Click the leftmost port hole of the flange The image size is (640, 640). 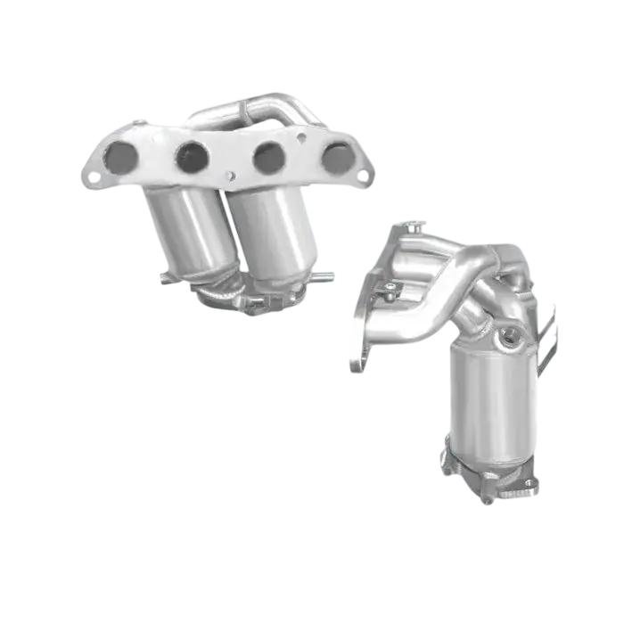pos(120,158)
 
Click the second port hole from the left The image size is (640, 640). pos(192,157)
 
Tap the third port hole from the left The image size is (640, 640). pos(268,158)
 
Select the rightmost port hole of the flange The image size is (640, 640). pos(337,158)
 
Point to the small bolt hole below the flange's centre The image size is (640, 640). pos(230,176)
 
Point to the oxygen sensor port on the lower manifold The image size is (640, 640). pos(512,336)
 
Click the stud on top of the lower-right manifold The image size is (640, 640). pos(411,224)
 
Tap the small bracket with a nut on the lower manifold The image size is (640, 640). pos(390,289)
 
